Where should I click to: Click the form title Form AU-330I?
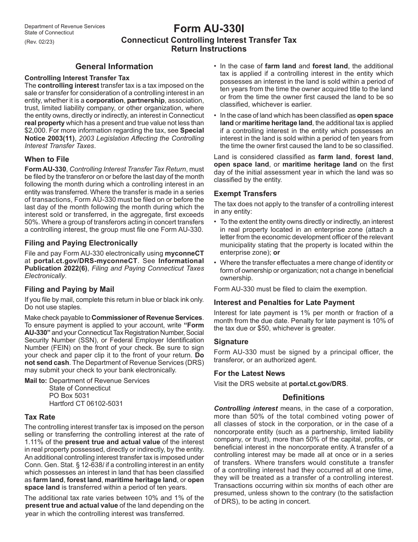209,29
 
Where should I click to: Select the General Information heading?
114,67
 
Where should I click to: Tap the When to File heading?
47,159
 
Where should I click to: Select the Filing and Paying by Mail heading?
70,289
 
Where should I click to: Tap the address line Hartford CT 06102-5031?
86,403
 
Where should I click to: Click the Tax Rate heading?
40,417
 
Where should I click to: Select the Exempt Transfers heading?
245,193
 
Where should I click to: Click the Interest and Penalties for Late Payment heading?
284,302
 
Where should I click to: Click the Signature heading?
231,342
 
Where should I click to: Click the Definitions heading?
304,397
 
